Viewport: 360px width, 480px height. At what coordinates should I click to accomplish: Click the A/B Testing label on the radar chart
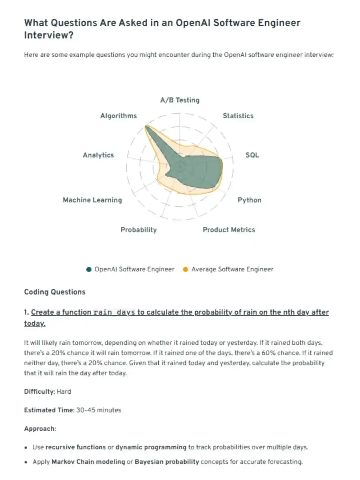180,100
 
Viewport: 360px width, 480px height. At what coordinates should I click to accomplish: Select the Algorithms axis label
119,116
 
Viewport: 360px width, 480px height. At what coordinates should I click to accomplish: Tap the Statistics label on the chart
238,116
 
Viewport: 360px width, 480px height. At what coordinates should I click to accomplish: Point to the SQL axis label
252,155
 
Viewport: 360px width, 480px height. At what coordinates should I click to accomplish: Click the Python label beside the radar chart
249,200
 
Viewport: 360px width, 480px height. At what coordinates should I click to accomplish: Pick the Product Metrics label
229,230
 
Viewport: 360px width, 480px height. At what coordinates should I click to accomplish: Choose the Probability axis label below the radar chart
139,230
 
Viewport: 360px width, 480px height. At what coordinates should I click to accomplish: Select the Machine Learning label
92,200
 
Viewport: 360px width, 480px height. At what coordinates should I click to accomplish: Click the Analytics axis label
98,155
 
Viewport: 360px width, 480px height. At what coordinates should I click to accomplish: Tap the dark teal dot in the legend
89,269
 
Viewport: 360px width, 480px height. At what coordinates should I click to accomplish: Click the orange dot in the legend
185,269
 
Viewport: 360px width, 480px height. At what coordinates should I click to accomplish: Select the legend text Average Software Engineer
232,269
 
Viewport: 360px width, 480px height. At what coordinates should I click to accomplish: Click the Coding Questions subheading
55,292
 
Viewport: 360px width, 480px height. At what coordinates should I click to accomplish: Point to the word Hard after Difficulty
64,392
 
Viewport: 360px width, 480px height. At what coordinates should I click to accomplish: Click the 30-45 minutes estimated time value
99,410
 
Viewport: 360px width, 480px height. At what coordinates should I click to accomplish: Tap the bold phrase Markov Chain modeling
88,462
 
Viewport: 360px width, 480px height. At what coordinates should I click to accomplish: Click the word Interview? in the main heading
49,35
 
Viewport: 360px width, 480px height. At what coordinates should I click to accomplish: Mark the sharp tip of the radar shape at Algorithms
146,126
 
